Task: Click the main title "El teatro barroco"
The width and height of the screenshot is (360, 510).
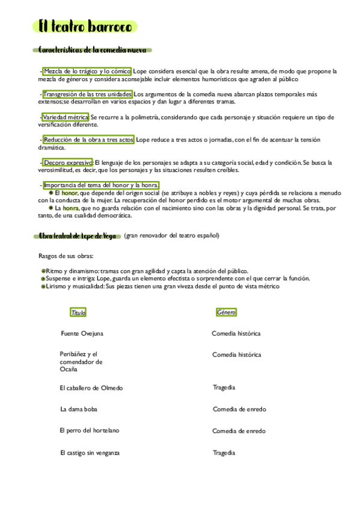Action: pos(85,26)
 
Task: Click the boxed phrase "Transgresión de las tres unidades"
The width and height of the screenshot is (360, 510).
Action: pos(87,94)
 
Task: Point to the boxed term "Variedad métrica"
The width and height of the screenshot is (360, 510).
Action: pos(65,117)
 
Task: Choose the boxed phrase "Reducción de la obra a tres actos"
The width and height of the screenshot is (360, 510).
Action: pos(89,140)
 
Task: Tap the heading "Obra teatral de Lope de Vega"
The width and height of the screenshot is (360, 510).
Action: pos(77,236)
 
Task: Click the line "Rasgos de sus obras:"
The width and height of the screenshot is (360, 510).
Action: pos(61,256)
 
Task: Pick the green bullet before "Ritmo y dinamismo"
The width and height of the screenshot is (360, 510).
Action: pos(43,271)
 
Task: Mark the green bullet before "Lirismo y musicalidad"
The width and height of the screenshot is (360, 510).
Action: pos(43,287)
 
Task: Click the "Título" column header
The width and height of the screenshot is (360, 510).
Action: pos(78,313)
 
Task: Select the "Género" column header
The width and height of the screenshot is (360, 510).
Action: pos(226,313)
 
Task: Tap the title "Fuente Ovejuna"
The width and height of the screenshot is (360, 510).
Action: pos(82,333)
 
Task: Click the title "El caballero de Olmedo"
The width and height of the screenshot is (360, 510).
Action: pos(91,388)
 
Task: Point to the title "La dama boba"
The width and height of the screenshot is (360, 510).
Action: pos(79,410)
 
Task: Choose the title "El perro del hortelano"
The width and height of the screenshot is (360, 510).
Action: pos(90,431)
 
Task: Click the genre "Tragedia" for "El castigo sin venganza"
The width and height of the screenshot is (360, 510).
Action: pos(224,452)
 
